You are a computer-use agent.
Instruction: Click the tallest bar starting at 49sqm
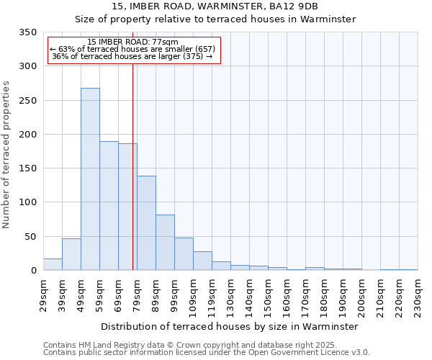(x=90, y=179)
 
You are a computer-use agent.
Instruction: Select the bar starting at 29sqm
(x=53, y=264)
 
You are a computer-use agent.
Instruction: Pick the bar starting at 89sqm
(x=165, y=243)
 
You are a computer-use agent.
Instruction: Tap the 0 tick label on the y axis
(x=33, y=271)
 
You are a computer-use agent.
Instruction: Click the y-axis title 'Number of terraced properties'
(x=6, y=154)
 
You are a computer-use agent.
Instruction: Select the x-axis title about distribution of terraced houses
(x=229, y=326)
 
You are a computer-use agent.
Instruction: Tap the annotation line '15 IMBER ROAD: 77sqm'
(x=132, y=42)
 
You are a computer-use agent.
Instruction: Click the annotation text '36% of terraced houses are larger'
(x=132, y=56)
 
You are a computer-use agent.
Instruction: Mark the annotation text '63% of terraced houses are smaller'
(x=132, y=49)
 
